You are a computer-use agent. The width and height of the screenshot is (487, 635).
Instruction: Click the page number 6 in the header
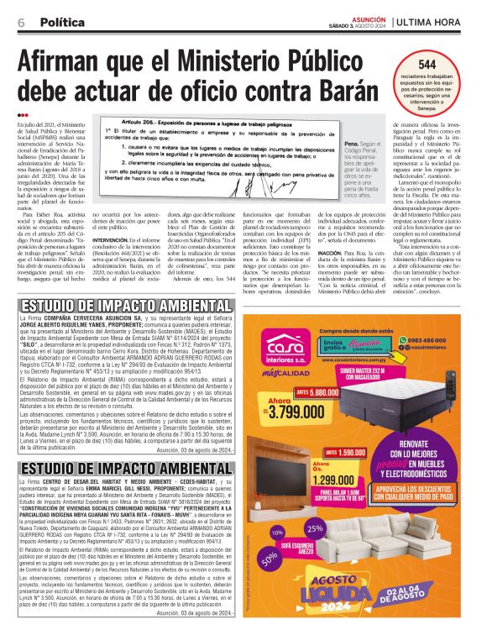click(19, 20)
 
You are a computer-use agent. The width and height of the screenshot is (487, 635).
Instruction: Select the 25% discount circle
click(315, 528)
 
